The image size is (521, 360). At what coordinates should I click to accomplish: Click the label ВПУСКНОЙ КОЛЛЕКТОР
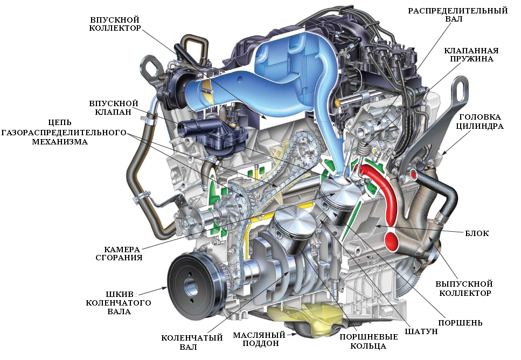115,24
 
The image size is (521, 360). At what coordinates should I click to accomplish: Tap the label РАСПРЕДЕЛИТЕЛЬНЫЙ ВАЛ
457,15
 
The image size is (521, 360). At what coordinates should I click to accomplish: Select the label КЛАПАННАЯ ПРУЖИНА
471,54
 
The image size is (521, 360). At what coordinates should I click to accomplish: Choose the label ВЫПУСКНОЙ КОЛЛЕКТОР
464,288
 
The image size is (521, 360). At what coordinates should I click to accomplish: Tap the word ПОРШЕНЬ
460,323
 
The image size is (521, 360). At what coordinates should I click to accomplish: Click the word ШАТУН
421,331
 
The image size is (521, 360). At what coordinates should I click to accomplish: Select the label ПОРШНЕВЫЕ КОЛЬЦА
369,341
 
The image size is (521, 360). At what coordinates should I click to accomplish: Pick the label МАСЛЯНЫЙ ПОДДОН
259,339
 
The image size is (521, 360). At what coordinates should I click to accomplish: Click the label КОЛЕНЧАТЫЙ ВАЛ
192,342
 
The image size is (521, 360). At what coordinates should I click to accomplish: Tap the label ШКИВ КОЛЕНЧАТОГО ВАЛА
119,303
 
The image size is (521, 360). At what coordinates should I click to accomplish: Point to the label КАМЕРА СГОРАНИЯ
119,253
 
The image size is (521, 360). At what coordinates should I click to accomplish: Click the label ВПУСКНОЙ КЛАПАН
113,108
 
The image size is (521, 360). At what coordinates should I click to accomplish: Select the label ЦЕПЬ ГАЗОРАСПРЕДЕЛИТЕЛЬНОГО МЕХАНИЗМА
64,132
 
